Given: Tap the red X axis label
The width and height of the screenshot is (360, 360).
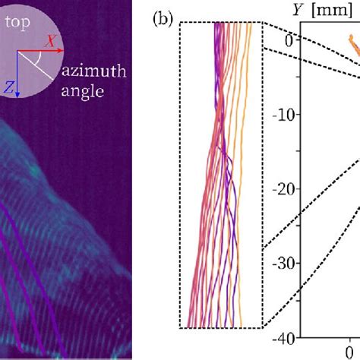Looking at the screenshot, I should (52, 43).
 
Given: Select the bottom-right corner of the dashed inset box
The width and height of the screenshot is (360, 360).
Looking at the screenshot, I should (264, 328).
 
